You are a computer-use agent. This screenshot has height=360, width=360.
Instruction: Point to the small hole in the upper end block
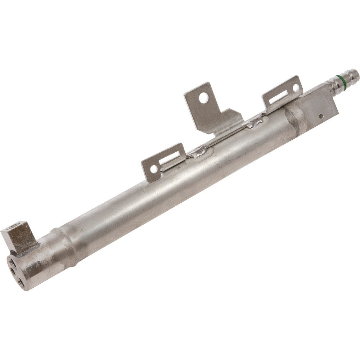coord(321,116)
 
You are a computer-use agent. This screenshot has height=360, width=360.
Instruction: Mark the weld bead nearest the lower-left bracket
coord(197,153)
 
